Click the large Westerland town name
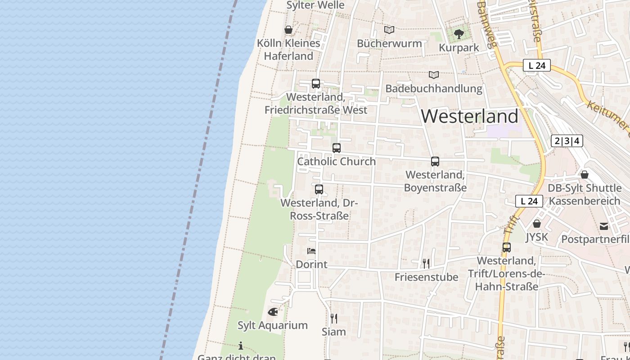470,117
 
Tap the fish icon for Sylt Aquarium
273,311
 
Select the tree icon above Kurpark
459,34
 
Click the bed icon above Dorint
311,251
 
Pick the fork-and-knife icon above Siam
334,319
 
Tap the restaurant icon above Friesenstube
426,263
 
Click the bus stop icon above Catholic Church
337,148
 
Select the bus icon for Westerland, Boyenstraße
435,161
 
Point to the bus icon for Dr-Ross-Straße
319,189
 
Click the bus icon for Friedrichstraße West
316,84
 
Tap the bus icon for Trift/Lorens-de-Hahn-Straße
507,247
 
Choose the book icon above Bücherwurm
389,30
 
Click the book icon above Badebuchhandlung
434,75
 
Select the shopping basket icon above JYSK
536,223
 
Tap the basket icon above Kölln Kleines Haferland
288,30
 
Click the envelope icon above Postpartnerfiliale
603,226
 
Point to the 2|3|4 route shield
567,141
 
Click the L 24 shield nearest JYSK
529,201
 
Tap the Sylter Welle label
316,5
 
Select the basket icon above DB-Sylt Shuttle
585,175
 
